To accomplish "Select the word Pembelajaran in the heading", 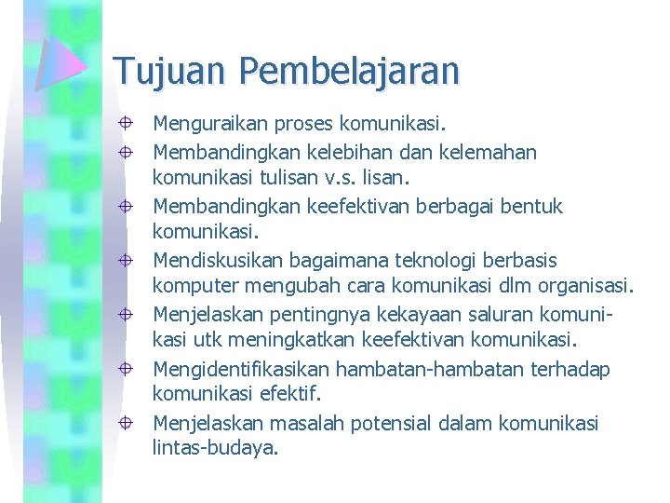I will click(349, 70).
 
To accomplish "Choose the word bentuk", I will click(531, 206).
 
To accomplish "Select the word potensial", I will click(397, 424).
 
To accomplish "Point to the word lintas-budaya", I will click(214, 447).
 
